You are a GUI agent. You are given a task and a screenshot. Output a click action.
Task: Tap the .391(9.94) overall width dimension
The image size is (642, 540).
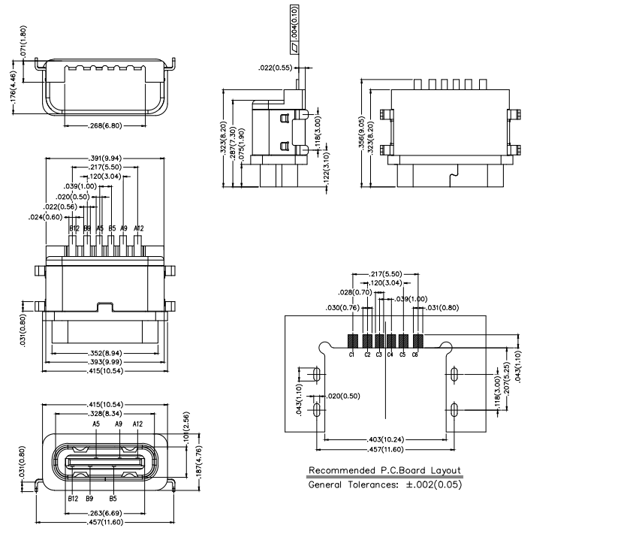point(104,158)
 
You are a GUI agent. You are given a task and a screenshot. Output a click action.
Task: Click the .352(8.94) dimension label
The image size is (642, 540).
point(104,352)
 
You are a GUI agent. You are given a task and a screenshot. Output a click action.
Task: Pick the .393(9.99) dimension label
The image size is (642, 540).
point(104,361)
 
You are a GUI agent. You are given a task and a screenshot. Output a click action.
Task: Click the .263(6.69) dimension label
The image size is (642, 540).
point(104,514)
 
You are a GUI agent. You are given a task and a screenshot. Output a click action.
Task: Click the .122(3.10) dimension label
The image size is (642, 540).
point(325,172)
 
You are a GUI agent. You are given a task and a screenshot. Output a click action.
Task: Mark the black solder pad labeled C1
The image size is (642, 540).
point(351,340)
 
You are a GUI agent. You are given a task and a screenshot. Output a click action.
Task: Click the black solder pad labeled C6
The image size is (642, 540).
point(417,340)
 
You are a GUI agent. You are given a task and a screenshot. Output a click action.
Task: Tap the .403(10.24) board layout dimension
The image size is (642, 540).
point(385,439)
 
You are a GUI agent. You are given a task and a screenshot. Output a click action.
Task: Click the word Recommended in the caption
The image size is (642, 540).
point(339,471)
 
